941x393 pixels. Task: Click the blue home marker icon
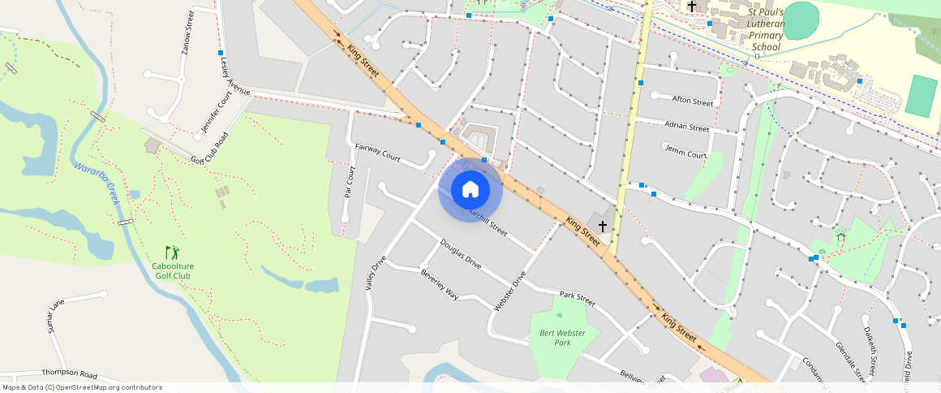coord(470,190)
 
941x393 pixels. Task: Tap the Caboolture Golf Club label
coord(172,271)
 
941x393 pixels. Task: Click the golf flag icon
coord(171,253)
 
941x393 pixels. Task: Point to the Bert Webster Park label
coord(556,337)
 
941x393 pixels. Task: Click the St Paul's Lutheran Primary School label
coord(766,30)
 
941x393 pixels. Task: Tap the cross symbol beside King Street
coord(602,226)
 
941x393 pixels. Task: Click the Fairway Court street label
coord(378,152)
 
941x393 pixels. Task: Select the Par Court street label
coord(350,182)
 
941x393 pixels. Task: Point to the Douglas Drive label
coord(461,254)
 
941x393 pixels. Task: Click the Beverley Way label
coord(440,284)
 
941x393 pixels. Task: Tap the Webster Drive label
coord(510,291)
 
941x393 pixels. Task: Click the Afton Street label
coord(693,101)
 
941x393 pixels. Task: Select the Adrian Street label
coord(686,127)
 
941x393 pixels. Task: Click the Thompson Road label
coord(70,374)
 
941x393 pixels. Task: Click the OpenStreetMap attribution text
coord(83,387)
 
